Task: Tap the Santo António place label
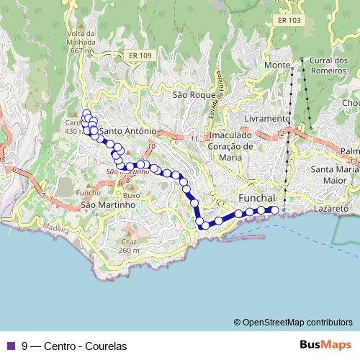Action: click(x=127, y=131)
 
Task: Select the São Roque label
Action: click(x=189, y=94)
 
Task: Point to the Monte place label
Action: click(x=276, y=66)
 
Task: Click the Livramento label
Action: click(x=266, y=118)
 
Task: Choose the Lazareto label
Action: click(x=331, y=208)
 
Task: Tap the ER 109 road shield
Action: click(x=140, y=55)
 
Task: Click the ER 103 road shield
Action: click(x=288, y=21)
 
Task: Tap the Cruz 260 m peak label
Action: click(x=130, y=246)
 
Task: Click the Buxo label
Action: click(x=131, y=195)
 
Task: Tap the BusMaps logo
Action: click(x=325, y=345)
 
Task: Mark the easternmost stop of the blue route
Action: click(x=274, y=210)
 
